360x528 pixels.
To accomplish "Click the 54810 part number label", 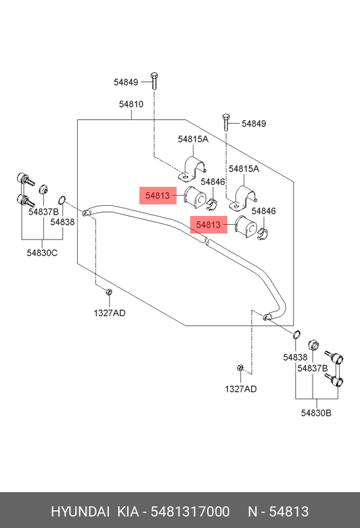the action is [x=131, y=104].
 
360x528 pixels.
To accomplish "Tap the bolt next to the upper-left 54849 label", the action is [x=154, y=81].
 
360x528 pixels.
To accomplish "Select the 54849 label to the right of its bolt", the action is [x=254, y=124].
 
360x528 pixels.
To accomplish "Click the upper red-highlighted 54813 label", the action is [x=158, y=196].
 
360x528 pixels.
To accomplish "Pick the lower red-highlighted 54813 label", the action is [x=208, y=225].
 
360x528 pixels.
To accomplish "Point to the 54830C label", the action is [x=42, y=252].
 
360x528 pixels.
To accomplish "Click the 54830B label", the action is [x=316, y=413].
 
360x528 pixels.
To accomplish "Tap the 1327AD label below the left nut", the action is [x=110, y=313].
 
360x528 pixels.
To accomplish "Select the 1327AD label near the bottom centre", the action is [x=241, y=389].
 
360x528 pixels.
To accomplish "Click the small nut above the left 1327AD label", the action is [x=109, y=292].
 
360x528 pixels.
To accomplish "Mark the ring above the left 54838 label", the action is [x=62, y=200].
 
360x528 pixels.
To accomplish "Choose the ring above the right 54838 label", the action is [x=296, y=334].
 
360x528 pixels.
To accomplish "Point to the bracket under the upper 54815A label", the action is [x=192, y=169].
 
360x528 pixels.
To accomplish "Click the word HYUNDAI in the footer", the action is [x=80, y=512].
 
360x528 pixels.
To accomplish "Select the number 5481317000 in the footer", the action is [x=190, y=512].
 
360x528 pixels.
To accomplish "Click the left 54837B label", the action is [x=44, y=212].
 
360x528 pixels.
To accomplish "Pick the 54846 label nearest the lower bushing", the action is [x=264, y=211].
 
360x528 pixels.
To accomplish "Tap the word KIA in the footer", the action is [x=128, y=512].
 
